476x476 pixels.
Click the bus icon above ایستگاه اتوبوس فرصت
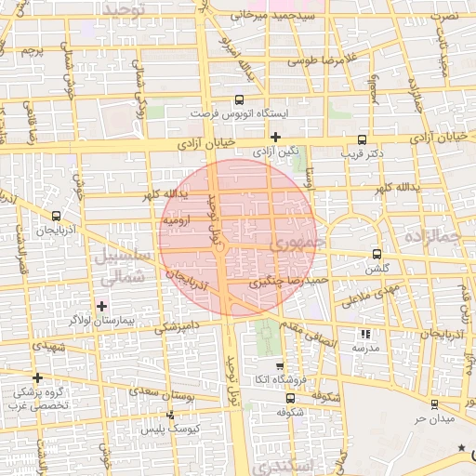[x=240, y=99]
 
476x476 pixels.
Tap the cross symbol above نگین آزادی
[x=275, y=137]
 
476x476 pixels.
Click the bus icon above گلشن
[x=376, y=253]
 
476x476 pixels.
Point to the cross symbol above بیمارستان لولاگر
[x=102, y=305]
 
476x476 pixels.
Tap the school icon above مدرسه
[x=365, y=333]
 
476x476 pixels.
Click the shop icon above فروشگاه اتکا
[x=280, y=365]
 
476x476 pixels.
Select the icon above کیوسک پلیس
[x=169, y=416]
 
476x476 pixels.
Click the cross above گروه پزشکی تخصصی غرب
[x=37, y=377]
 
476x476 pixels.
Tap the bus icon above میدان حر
[x=434, y=403]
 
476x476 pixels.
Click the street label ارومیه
[x=177, y=222]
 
